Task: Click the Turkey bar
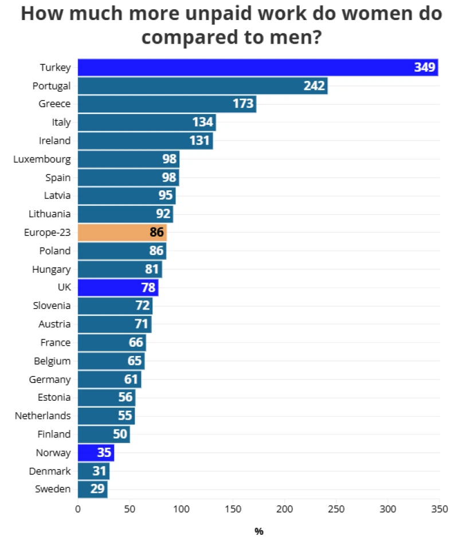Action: [x=258, y=68]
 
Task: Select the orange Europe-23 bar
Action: [x=122, y=232]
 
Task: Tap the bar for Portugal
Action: [x=202, y=86]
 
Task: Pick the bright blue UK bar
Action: [x=118, y=287]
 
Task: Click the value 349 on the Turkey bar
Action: [x=425, y=68]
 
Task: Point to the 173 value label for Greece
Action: [x=244, y=104]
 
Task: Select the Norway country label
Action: [x=53, y=453]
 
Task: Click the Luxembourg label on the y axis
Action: [x=42, y=159]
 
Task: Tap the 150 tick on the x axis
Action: [x=233, y=508]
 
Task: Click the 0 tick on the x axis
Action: [x=78, y=508]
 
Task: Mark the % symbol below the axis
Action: [x=259, y=531]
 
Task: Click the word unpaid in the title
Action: [x=189, y=14]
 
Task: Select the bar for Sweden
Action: [x=92, y=489]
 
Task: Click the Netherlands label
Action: [x=43, y=416]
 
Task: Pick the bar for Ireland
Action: [x=145, y=140]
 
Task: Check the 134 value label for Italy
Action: [x=203, y=122]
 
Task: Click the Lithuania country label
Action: [x=50, y=214]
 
